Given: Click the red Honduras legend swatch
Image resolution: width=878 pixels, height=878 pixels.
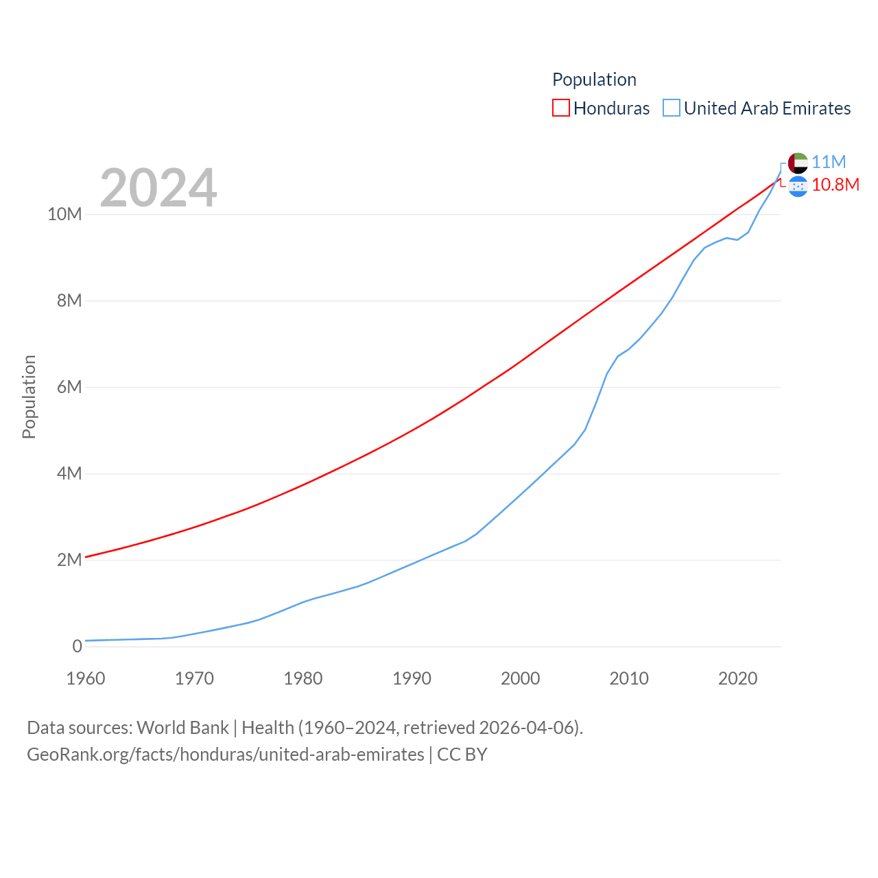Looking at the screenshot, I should [561, 108].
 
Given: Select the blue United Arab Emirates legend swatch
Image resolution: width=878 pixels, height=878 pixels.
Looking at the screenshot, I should [672, 108].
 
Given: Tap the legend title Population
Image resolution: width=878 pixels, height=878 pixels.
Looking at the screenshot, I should [594, 80].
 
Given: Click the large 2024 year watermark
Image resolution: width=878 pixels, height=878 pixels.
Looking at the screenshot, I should [158, 188].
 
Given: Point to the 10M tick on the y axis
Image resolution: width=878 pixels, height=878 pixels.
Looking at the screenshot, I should [64, 214].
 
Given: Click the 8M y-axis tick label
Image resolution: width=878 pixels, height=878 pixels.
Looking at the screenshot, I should [69, 300].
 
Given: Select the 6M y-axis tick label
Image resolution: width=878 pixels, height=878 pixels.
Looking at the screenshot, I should [69, 387].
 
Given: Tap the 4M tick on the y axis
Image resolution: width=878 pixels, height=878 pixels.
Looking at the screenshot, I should [69, 473].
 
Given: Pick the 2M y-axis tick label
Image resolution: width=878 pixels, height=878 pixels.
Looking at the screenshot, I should [69, 560].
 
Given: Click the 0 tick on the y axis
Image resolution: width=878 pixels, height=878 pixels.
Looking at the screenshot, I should [77, 646].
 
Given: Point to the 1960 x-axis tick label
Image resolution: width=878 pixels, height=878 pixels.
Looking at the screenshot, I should [86, 678].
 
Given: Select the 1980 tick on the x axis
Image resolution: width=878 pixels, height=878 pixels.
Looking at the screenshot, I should [303, 678].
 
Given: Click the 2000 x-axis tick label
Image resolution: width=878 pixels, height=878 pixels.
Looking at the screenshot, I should [521, 678].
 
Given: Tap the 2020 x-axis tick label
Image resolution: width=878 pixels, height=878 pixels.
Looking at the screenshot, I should [737, 678].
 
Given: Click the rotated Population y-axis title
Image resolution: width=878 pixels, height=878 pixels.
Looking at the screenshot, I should [29, 396].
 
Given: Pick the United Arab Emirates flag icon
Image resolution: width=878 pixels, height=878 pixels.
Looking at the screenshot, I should [798, 163].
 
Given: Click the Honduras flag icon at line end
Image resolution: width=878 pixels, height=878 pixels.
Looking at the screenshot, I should [798, 186].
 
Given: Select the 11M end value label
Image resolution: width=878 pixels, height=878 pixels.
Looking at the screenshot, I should [829, 162].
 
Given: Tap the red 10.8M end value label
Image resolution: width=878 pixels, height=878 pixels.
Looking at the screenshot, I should [835, 185].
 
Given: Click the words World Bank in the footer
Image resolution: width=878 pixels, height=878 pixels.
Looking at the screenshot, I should [182, 727].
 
